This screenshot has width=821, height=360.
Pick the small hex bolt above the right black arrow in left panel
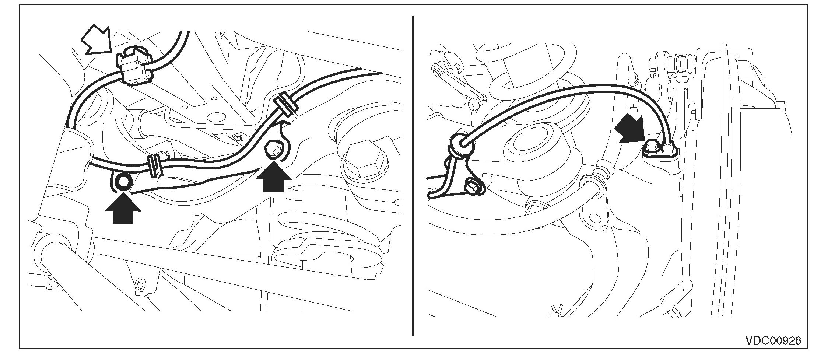click(273, 149)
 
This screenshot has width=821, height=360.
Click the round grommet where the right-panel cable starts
click(460, 145)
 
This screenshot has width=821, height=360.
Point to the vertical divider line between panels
click(413, 176)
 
